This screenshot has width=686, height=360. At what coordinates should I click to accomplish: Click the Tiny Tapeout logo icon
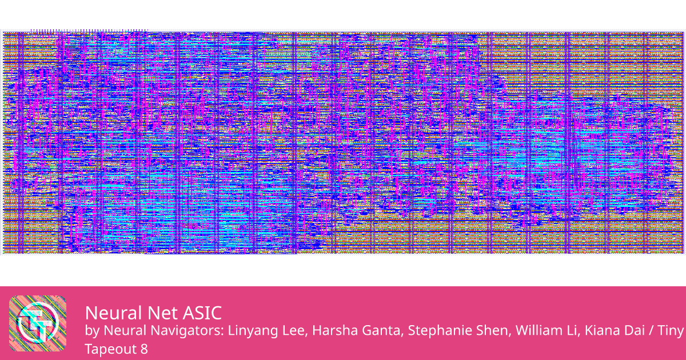pos(38,323)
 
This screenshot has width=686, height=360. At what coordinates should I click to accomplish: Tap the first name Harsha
pos(329,331)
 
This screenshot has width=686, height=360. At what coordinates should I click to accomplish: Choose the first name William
pos(536,331)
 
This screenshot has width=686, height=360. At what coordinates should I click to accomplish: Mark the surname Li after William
pos(572,331)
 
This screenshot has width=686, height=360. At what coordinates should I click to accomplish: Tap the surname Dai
pos(636,331)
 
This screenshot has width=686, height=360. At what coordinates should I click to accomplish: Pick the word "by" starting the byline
pos(91,331)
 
